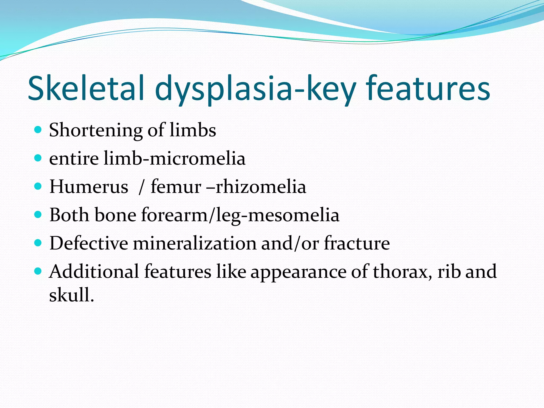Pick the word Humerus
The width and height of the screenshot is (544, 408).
pyautogui.click(x=89, y=187)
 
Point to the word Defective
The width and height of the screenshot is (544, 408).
pyautogui.click(x=89, y=243)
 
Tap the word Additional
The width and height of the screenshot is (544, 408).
pyautogui.click(x=94, y=271)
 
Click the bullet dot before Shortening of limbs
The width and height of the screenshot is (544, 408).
pyautogui.click(x=38, y=130)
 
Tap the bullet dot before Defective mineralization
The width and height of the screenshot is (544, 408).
pyautogui.click(x=38, y=243)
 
